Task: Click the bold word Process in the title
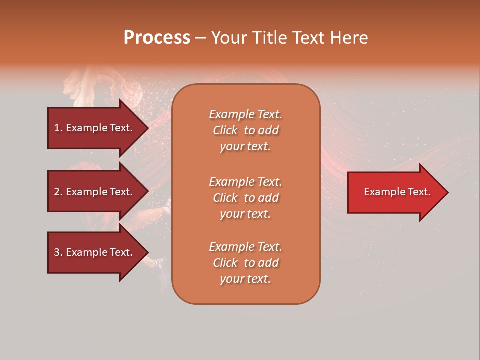tap(157, 38)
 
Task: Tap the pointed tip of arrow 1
tap(147, 128)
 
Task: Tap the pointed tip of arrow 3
tap(147, 252)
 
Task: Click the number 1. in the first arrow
tap(58, 128)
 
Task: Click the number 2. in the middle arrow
tap(58, 192)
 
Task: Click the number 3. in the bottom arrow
tap(58, 252)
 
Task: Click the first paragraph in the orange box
tap(245, 130)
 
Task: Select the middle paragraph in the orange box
tap(245, 198)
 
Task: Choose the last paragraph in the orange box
tap(245, 263)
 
